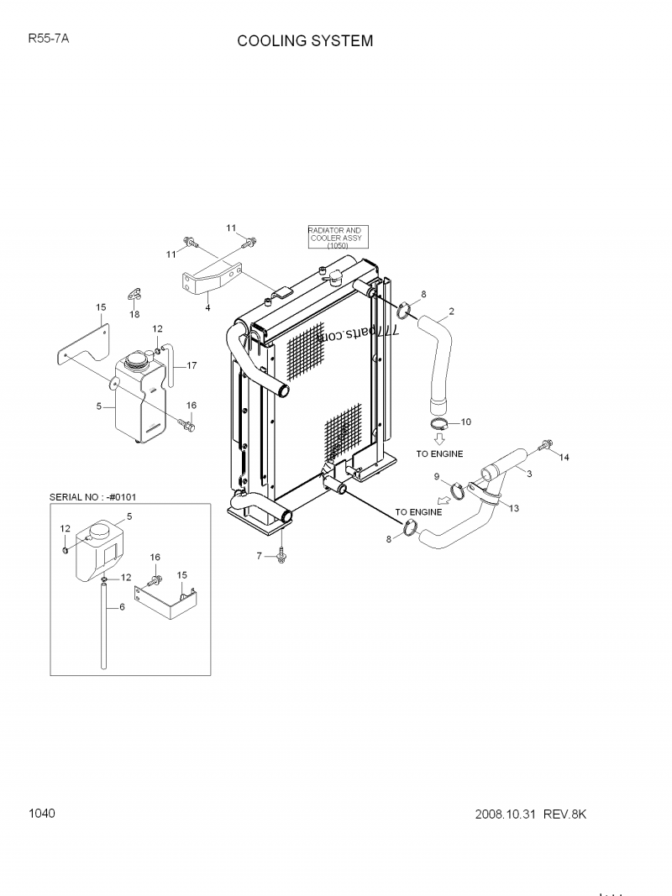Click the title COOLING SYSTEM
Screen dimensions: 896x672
pyautogui.click(x=305, y=41)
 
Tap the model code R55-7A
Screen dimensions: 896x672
pyautogui.click(x=48, y=38)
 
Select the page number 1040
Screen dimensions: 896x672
pyautogui.click(x=42, y=813)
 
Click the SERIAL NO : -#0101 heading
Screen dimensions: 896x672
pyautogui.click(x=93, y=496)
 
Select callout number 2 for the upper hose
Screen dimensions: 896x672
pyautogui.click(x=451, y=312)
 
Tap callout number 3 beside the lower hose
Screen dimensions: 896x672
pyautogui.click(x=529, y=474)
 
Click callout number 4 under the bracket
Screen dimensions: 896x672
pyautogui.click(x=207, y=307)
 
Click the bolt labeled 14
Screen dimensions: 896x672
pyautogui.click(x=548, y=444)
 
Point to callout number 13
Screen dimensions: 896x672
pyautogui.click(x=514, y=509)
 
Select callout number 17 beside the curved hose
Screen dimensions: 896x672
pyautogui.click(x=192, y=365)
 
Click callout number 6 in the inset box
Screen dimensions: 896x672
pyautogui.click(x=122, y=606)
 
